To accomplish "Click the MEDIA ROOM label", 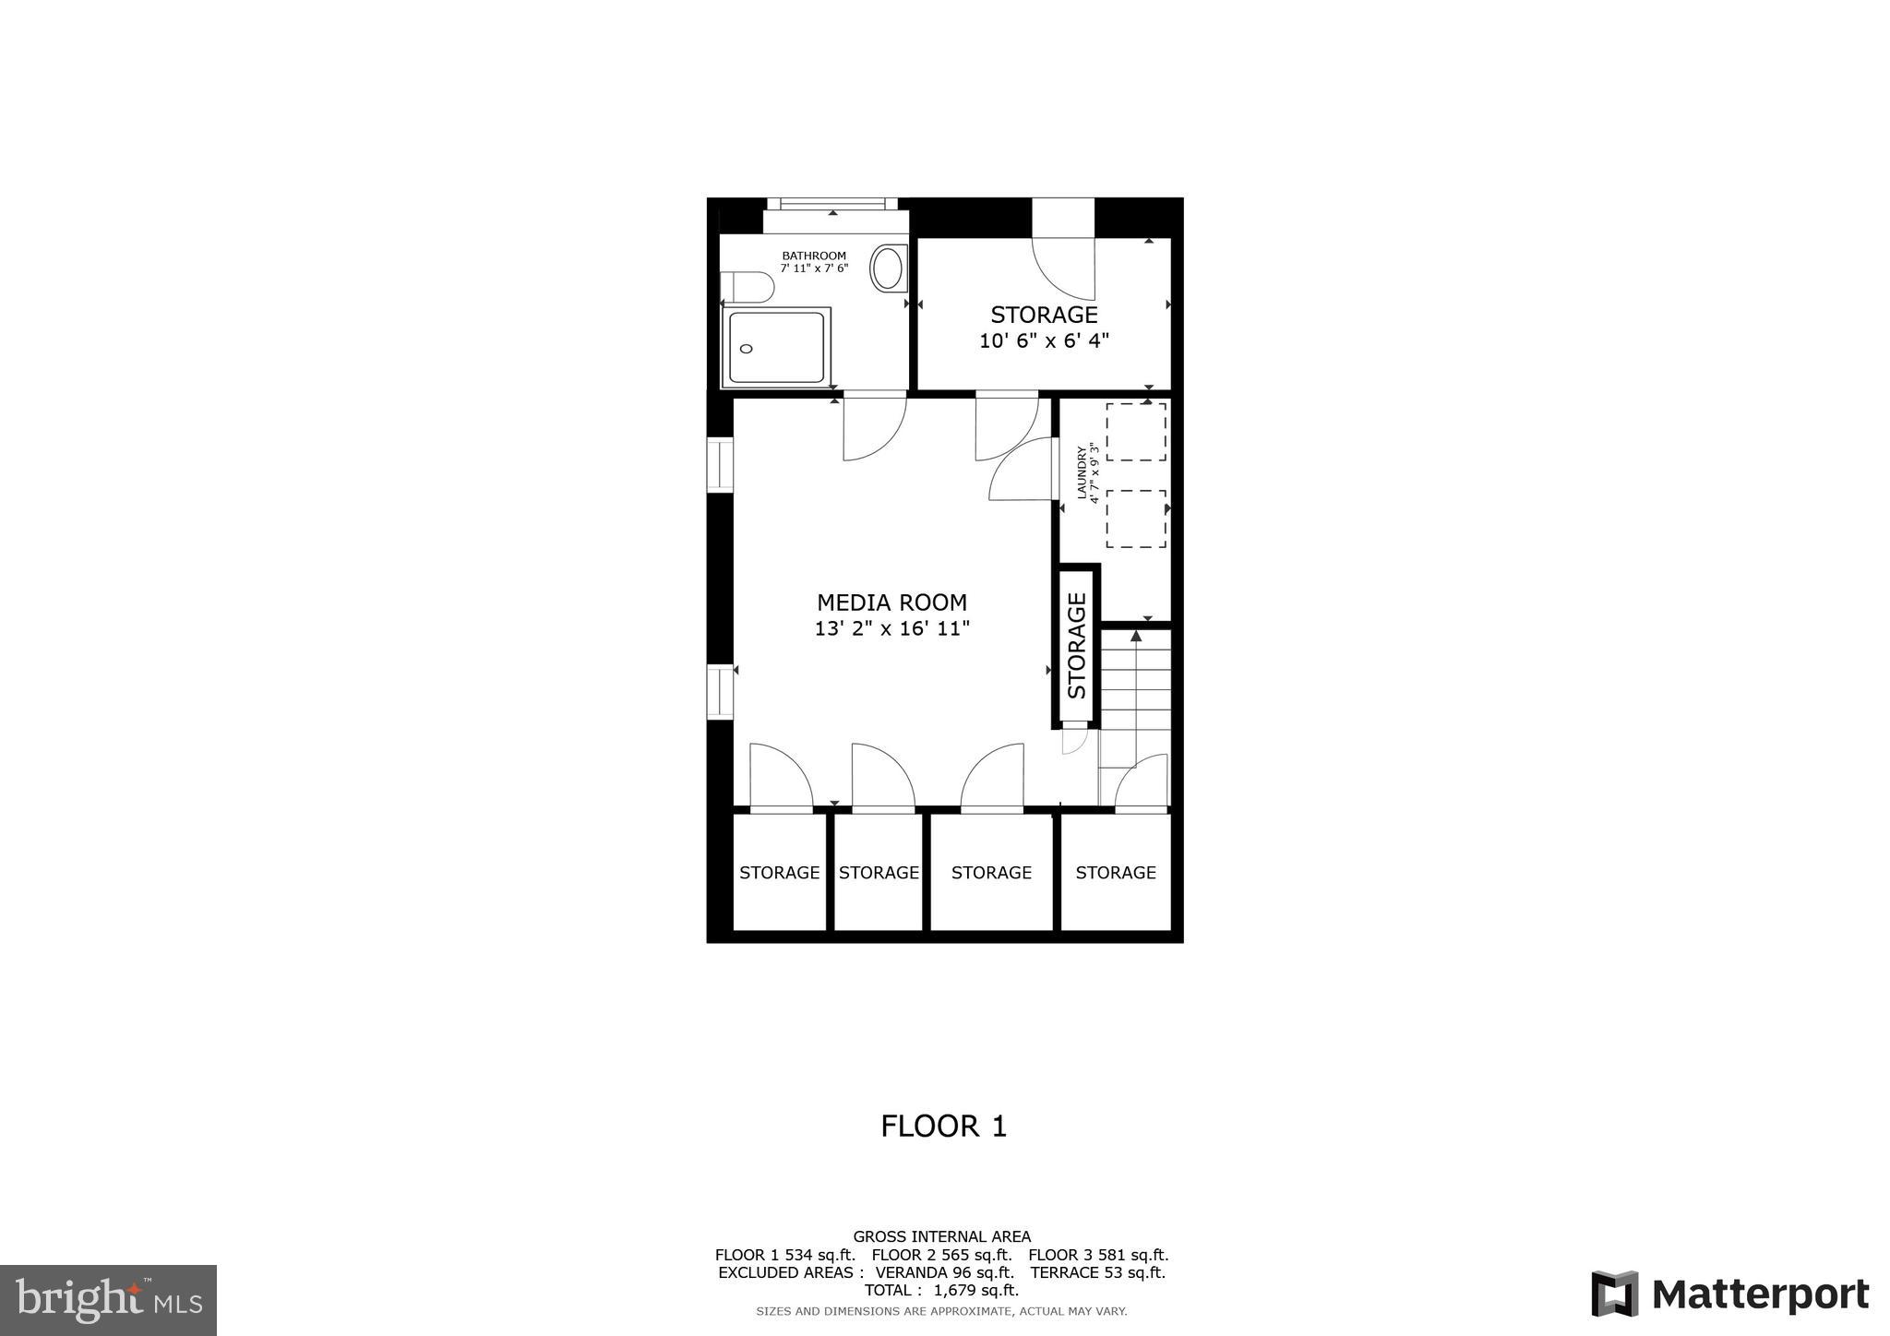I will click(x=891, y=602).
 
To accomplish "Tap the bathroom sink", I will click(x=888, y=268).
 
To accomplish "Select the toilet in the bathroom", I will click(x=748, y=287).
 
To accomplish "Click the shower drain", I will click(x=747, y=349).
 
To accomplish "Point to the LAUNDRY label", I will click(x=1082, y=473).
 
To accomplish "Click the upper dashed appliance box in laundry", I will click(x=1136, y=432).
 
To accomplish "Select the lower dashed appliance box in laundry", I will click(x=1136, y=519).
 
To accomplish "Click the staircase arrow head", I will click(x=1136, y=636).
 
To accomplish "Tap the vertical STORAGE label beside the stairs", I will click(x=1077, y=645).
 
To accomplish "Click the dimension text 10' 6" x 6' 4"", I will click(x=1044, y=341).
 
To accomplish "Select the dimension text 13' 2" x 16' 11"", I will click(x=891, y=629).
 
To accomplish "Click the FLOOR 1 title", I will click(x=943, y=1126).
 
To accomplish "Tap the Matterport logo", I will click(x=1729, y=1294).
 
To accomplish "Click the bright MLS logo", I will click(x=108, y=1300).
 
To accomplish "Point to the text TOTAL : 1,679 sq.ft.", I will click(x=941, y=1290).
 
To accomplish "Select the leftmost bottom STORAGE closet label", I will click(x=779, y=873).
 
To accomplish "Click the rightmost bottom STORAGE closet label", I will click(x=1115, y=873).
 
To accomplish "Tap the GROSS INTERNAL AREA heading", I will click(x=941, y=1236).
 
